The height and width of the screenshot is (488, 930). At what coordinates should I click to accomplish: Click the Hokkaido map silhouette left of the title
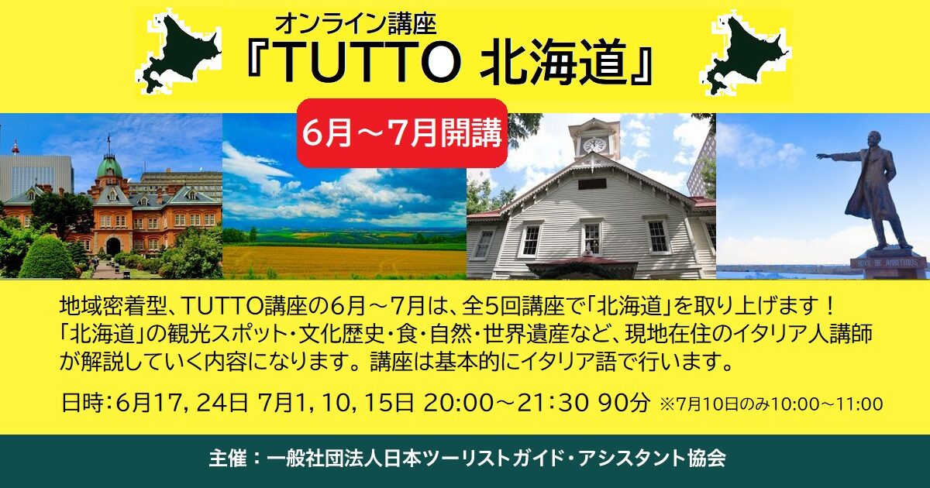pyautogui.click(x=180, y=51)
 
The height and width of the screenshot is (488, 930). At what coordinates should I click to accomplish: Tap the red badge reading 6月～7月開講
pyautogui.click(x=402, y=133)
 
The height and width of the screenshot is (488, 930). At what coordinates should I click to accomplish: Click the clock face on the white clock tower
pyautogui.click(x=594, y=144)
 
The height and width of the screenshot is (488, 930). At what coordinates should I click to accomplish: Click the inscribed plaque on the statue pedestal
pyautogui.click(x=888, y=263)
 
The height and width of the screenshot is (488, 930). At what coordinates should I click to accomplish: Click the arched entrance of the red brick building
pyautogui.click(x=113, y=246)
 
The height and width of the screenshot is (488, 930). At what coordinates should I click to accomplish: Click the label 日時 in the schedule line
pyautogui.click(x=79, y=403)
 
